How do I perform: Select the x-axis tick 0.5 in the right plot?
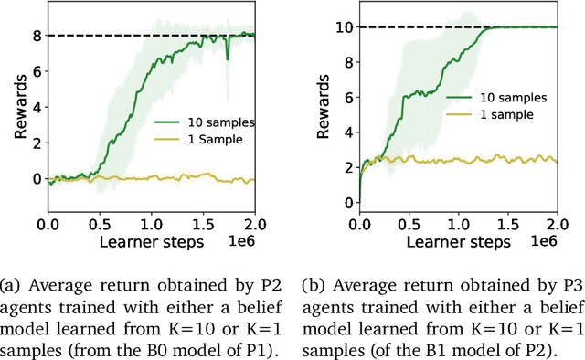[x=410, y=223]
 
